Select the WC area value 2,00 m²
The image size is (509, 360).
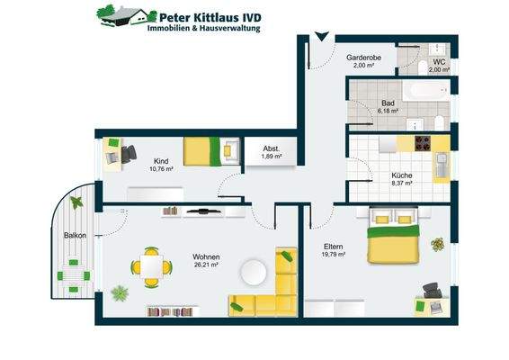439,69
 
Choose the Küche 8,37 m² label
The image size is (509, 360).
401,179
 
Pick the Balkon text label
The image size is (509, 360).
75,237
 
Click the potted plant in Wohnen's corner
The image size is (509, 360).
120,292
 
